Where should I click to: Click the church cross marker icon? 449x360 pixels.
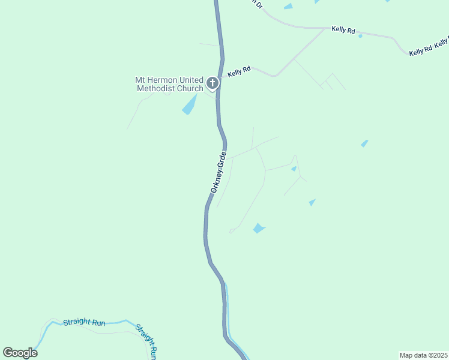tap(212, 83)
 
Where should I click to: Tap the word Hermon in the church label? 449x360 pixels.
tap(158, 80)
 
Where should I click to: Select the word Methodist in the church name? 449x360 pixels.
tap(156, 89)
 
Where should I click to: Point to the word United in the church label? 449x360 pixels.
tap(188, 80)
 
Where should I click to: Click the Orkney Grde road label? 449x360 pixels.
tap(218, 172)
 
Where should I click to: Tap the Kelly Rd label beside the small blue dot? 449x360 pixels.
tap(343, 29)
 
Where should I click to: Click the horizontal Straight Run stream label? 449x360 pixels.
tap(84, 323)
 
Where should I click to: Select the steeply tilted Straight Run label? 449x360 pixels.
tap(147, 341)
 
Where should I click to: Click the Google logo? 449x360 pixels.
tap(20, 352)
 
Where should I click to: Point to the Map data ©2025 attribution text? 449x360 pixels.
tap(423, 355)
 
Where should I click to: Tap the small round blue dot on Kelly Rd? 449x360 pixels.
tap(360, 36)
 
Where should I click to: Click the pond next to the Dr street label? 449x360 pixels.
tap(289, 6)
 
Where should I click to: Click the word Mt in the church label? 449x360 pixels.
tap(140, 80)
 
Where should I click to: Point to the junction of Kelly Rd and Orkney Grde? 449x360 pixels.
tap(220, 79)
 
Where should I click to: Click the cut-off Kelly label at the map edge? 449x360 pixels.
tap(442, 42)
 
